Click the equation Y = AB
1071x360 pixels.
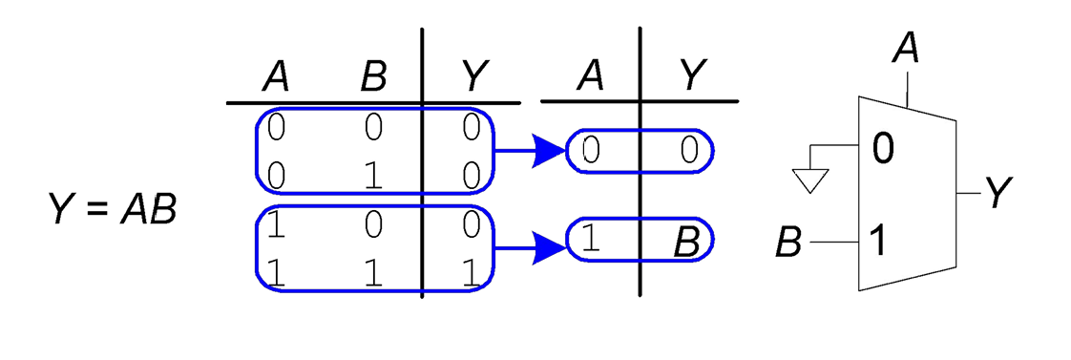point(112,209)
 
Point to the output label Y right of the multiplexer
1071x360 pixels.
point(997,194)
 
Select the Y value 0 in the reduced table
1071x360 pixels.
point(688,151)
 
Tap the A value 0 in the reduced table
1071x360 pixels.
point(591,151)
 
